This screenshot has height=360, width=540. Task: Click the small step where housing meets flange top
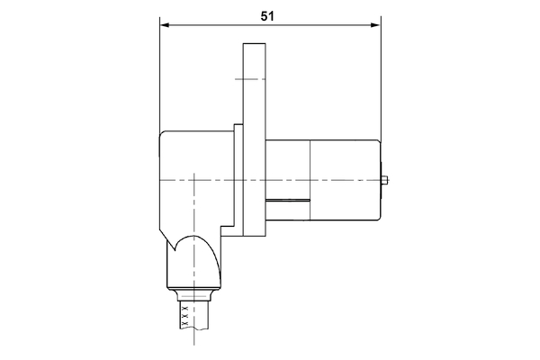click(237, 126)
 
